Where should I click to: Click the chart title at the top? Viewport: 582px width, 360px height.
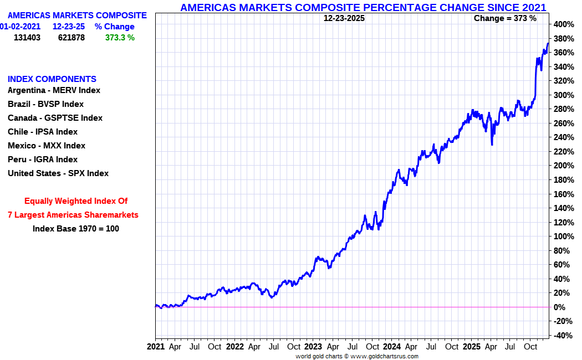point(363,7)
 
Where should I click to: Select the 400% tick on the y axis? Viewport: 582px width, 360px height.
point(564,24)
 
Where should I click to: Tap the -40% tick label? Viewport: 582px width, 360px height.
point(563,336)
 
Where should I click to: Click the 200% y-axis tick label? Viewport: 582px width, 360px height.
point(564,166)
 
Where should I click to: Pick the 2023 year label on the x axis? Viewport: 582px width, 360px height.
point(313,347)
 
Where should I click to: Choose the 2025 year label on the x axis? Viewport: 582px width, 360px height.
point(471,347)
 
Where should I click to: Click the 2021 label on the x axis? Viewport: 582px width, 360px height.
point(156,347)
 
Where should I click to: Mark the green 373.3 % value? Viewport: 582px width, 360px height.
point(120,38)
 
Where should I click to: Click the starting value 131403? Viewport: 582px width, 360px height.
point(27,38)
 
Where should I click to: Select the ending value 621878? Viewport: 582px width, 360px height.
point(72,38)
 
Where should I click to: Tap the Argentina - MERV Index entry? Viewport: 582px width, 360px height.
point(54,90)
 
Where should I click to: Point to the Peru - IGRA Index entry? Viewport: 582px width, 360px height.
point(43,160)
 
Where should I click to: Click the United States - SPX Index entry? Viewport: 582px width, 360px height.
point(58,173)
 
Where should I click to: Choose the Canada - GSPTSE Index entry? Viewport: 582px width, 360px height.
point(55,118)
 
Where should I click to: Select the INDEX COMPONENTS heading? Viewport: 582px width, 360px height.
point(52,79)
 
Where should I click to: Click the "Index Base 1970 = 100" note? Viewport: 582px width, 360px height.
point(76,229)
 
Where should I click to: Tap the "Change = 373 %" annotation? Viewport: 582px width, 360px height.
point(505,18)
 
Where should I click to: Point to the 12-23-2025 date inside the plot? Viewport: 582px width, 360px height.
point(344,18)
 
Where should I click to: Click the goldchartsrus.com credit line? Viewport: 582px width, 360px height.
point(357,356)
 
